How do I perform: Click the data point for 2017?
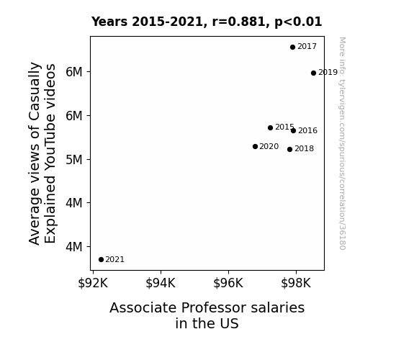(x=292, y=47)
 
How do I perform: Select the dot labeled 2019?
(x=313, y=73)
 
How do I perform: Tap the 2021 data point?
(x=101, y=259)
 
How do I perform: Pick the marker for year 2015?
(x=270, y=127)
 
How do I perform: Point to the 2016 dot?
(x=293, y=130)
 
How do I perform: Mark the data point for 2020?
(x=255, y=146)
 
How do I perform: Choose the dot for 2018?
(x=289, y=149)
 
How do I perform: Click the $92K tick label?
(x=93, y=283)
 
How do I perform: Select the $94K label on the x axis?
(x=161, y=283)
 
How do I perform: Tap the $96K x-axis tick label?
(x=228, y=283)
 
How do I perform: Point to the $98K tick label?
(x=296, y=283)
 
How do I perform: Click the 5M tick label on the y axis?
(x=74, y=160)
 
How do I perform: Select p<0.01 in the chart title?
(x=298, y=22)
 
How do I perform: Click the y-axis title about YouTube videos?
(x=42, y=153)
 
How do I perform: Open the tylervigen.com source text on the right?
(x=342, y=143)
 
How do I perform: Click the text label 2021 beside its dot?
(x=115, y=259)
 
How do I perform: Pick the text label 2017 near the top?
(x=307, y=46)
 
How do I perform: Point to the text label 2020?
(x=269, y=146)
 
